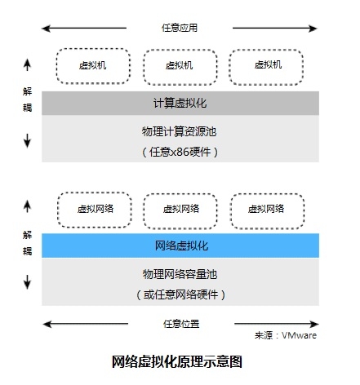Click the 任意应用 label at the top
[x=180, y=28]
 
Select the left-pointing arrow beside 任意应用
[x=84, y=29]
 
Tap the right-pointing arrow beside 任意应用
[x=275, y=29]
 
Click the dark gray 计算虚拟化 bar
[x=180, y=103]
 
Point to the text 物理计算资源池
[x=179, y=131]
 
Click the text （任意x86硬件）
[x=180, y=152]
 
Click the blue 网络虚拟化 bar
[x=180, y=246]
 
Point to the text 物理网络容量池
[x=180, y=274]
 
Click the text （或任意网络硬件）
[x=180, y=294]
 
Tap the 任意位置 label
[x=181, y=324]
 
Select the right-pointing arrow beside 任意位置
[x=276, y=324]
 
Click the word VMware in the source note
[x=299, y=335]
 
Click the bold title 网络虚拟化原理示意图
[x=177, y=361]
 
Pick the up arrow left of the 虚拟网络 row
[x=27, y=206]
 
